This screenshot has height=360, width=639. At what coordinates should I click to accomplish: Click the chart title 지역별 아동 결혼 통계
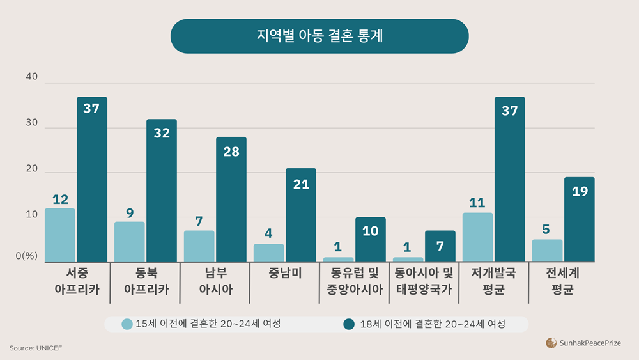click(319, 36)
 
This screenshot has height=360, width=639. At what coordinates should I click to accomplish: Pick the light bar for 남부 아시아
click(199, 246)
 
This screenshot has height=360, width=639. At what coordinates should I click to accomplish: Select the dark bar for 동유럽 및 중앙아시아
click(371, 239)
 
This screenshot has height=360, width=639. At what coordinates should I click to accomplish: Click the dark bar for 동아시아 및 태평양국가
click(440, 246)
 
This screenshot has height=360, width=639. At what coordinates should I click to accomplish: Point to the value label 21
click(301, 184)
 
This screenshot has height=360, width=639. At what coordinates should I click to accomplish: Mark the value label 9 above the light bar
click(130, 213)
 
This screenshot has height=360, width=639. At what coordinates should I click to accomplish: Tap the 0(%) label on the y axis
click(27, 256)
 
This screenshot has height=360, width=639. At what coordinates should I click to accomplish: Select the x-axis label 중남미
click(285, 273)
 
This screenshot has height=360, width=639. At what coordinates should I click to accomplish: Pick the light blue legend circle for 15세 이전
click(128, 324)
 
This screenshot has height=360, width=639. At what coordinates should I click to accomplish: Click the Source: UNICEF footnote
click(36, 348)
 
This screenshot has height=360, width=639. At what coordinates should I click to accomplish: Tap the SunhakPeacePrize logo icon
click(551, 343)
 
